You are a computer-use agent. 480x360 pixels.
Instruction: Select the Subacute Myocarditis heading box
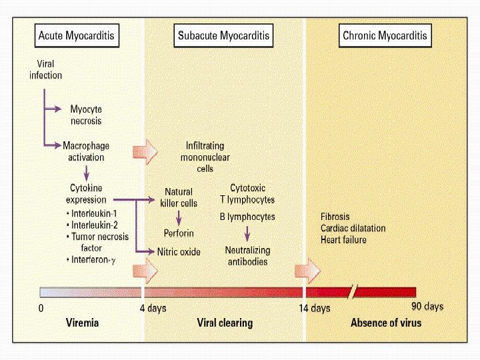coord(225,35)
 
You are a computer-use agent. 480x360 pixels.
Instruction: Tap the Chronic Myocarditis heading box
coord(385,35)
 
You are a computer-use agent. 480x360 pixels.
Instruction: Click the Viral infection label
coord(45,70)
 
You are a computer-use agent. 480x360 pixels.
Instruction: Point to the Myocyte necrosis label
coord(86,115)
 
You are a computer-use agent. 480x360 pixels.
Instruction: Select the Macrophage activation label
coord(86,151)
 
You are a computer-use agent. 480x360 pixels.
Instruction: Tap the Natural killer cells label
coord(179,197)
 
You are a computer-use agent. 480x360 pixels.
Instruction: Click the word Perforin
coord(179,233)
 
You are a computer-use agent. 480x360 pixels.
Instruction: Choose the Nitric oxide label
coord(179,251)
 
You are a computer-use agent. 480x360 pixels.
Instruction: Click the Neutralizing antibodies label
coord(247,256)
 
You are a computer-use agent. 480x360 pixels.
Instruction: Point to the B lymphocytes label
coord(247,217)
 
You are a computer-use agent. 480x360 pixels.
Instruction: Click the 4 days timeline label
coord(153,309)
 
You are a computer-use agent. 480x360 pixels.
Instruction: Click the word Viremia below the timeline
coord(83,323)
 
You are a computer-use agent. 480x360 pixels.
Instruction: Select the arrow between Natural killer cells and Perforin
coord(179,217)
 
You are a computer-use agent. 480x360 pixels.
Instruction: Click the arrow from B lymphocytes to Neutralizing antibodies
coord(247,233)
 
